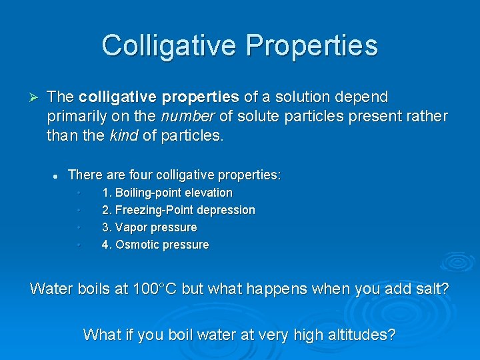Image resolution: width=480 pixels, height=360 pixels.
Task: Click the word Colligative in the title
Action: point(169,45)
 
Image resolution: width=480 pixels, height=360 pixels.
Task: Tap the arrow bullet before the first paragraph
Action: point(36,97)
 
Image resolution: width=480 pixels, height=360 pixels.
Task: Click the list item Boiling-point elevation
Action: point(167,193)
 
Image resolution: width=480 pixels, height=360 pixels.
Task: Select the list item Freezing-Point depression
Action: point(178,210)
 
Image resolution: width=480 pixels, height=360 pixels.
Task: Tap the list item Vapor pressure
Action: point(149,227)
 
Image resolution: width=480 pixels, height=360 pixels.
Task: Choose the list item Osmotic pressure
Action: point(155,245)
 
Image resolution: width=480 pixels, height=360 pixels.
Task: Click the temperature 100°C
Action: point(155,289)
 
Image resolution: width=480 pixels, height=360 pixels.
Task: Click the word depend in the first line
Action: point(363,97)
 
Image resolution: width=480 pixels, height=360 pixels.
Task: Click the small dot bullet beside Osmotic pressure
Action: point(79,245)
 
